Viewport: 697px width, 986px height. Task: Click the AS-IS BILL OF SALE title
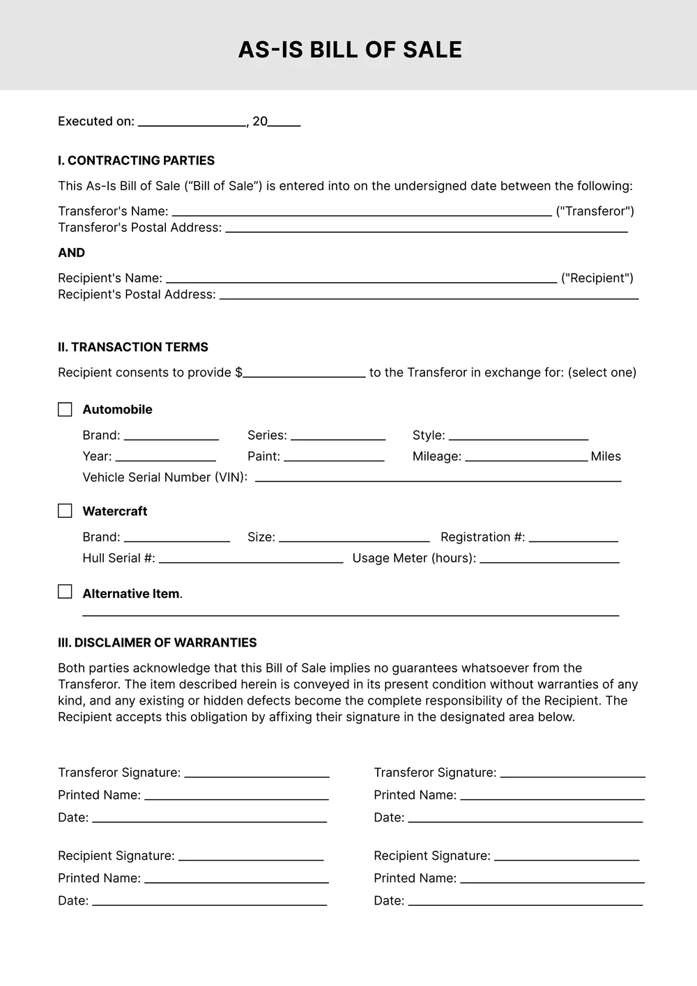pyautogui.click(x=350, y=49)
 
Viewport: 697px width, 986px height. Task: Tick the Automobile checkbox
pyautogui.click(x=65, y=409)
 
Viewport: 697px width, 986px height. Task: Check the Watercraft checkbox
pyautogui.click(x=65, y=511)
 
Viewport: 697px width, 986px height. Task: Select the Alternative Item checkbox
pyautogui.click(x=65, y=592)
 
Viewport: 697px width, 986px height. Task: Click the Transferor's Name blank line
pyautogui.click(x=361, y=212)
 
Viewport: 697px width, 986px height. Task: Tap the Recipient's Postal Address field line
pyautogui.click(x=429, y=295)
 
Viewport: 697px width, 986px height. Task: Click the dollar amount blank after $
pyautogui.click(x=304, y=373)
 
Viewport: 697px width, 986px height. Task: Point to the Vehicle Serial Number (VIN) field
pyautogui.click(x=438, y=477)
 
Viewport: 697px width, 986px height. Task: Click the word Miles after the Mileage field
pyautogui.click(x=606, y=456)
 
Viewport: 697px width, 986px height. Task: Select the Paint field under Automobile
pyautogui.click(x=334, y=456)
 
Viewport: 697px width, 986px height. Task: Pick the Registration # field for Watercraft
pyautogui.click(x=573, y=537)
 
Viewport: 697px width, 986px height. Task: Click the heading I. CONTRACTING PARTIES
pyautogui.click(x=136, y=160)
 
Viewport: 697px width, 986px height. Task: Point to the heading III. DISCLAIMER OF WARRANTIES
pyautogui.click(x=157, y=642)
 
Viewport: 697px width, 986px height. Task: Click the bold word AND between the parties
pyautogui.click(x=71, y=253)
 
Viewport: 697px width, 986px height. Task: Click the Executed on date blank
pyautogui.click(x=192, y=122)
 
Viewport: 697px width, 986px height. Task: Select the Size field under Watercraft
pyautogui.click(x=354, y=537)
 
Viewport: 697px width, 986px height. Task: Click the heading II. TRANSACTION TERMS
pyautogui.click(x=132, y=347)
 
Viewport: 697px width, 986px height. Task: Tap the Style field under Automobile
pyautogui.click(x=519, y=436)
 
